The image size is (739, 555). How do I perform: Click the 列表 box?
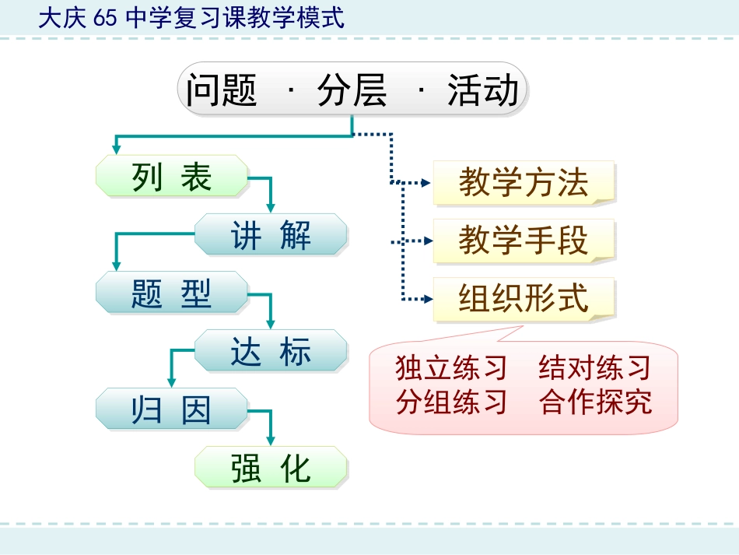click(x=172, y=176)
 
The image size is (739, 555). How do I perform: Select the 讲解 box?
click(x=270, y=234)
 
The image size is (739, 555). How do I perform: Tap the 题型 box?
click(x=172, y=293)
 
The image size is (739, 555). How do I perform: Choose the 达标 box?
click(x=270, y=351)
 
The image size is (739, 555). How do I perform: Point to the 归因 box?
click(x=172, y=409)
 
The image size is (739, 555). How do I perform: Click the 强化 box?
click(x=270, y=468)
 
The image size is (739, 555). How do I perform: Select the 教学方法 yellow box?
click(x=524, y=183)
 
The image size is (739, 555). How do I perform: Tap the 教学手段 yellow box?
click(x=524, y=241)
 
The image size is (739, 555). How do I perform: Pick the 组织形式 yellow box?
click(x=524, y=299)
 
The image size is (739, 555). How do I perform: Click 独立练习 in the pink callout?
click(x=451, y=367)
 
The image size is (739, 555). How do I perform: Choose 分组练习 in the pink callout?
click(x=451, y=402)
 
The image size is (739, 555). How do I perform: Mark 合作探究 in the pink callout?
click(x=595, y=402)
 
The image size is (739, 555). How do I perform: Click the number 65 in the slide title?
click(x=103, y=18)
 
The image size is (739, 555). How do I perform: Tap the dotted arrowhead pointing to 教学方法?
click(x=426, y=183)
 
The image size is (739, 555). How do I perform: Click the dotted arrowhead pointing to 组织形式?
click(x=426, y=299)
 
